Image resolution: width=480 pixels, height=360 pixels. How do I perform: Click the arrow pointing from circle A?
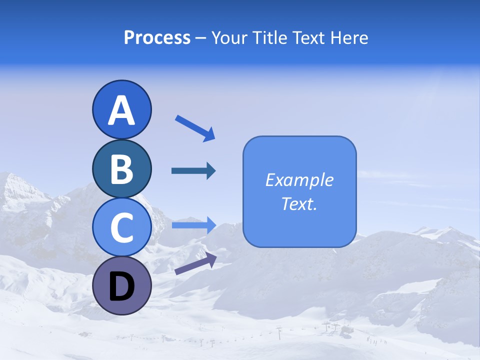coord(195,127)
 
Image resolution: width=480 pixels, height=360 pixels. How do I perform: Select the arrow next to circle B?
coord(193,171)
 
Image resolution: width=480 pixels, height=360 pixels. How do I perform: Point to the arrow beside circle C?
coord(193,225)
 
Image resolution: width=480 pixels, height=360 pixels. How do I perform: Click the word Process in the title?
coord(157,38)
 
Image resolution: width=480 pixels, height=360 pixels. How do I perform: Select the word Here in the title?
coord(349,38)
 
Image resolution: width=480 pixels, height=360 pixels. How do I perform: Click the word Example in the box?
coord(299,180)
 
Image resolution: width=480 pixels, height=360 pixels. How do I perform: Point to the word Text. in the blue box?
coord(299,203)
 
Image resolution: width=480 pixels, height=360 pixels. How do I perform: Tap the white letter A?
coord(121,111)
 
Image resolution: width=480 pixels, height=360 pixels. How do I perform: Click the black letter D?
coord(121,287)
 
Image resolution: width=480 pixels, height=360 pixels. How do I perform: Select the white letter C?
coord(121,228)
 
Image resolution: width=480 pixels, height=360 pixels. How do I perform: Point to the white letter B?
coord(121,169)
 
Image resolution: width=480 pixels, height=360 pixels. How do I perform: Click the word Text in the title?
coord(309,38)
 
